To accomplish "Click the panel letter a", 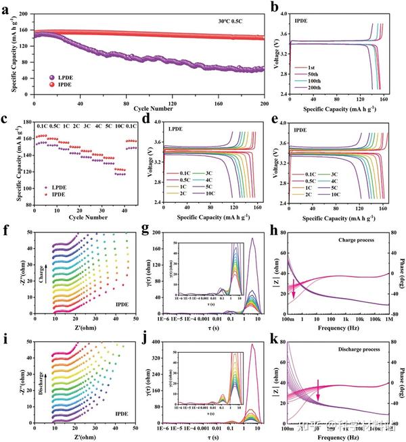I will [6, 8].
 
